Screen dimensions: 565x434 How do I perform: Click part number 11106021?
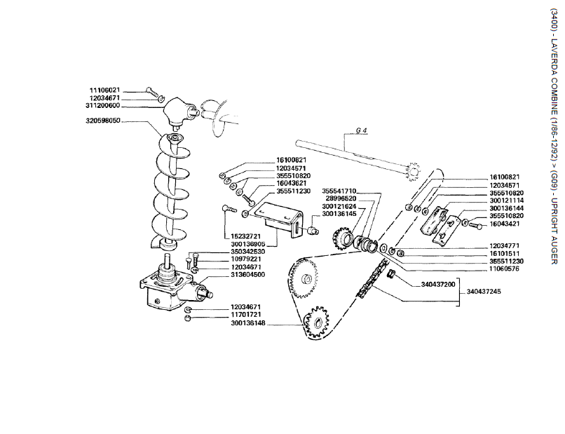coord(104,90)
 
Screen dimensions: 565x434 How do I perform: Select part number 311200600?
coord(102,106)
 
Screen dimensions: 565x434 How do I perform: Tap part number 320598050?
coord(102,121)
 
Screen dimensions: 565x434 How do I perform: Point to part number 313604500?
coord(248,275)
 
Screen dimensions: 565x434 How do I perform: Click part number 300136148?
coord(248,323)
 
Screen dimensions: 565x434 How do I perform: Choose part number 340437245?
coord(484,291)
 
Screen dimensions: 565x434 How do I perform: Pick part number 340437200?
coord(438,285)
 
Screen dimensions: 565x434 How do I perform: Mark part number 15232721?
coord(246,237)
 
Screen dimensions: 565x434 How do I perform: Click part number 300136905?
coord(248,245)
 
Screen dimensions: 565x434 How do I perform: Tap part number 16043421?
coord(505,224)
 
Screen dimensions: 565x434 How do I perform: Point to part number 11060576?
coord(505,269)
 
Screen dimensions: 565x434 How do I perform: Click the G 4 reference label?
coord(362,130)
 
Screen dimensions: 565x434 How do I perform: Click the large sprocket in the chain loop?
coord(304,278)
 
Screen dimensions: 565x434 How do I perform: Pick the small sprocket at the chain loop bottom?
coord(316,322)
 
